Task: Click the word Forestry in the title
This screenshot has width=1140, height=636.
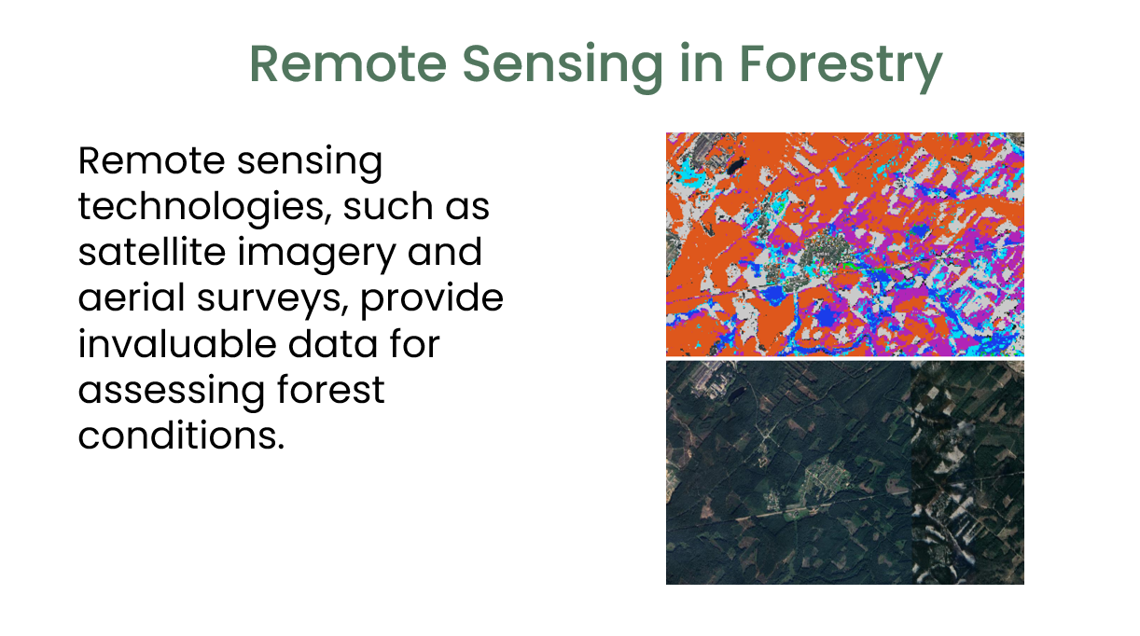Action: coord(841,64)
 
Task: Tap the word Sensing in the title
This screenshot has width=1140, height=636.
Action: coord(563,64)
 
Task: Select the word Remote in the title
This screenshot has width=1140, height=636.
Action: coord(348,63)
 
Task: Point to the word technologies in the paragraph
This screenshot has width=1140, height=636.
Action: coord(201,208)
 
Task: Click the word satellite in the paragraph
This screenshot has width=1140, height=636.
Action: coord(152,252)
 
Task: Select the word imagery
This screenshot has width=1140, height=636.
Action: coord(316,254)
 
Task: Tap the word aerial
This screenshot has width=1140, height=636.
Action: coord(132,297)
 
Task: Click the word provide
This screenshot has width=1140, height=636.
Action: coord(432,299)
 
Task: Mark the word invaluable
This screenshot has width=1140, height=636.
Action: coord(176,343)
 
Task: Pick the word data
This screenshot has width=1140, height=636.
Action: coord(333,343)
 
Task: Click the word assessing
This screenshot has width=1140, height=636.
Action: coord(172,391)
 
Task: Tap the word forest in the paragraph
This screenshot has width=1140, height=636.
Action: coord(331,389)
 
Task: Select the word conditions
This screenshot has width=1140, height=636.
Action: coord(181,435)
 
